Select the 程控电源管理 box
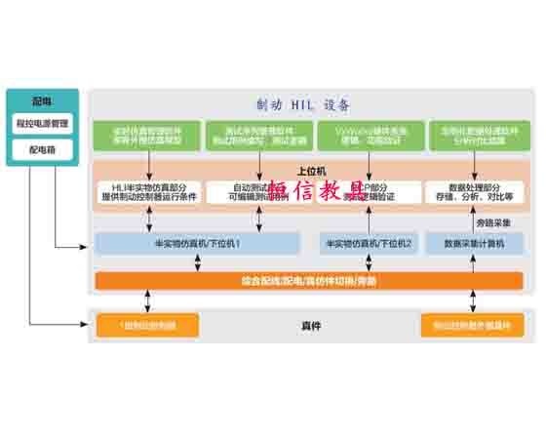pyautogui.click(x=41, y=124)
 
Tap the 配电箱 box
pyautogui.click(x=41, y=150)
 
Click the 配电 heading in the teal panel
pyautogui.click(x=41, y=100)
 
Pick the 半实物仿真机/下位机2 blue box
pyautogui.click(x=368, y=242)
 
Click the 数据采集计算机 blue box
pyautogui.click(x=474, y=242)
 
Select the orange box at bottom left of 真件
pyautogui.click(x=146, y=325)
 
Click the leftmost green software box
pyautogui.click(x=148, y=136)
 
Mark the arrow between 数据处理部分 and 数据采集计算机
pyautogui.click(x=482, y=219)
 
